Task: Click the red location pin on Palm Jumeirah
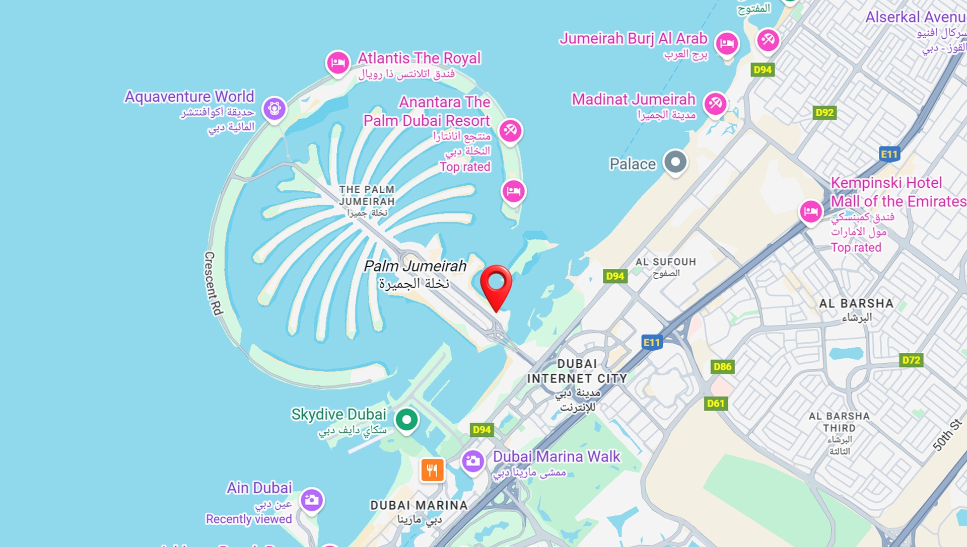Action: [496, 284]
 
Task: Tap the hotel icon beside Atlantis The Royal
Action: [338, 63]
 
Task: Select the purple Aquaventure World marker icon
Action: [274, 108]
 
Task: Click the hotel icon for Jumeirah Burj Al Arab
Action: [727, 43]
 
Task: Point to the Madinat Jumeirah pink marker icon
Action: [715, 104]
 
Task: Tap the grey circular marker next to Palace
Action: [675, 162]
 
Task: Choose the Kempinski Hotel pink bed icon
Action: [811, 211]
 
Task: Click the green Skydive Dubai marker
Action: [406, 419]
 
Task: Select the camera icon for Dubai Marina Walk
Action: [472, 460]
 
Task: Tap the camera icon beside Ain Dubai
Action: [312, 500]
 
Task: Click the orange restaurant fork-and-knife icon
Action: [432, 471]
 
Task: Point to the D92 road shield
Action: [824, 113]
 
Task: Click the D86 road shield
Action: [722, 367]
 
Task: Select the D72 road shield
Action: [911, 360]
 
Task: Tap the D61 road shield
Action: [715, 404]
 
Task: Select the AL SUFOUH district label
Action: [665, 262]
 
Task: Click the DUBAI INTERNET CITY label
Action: [577, 371]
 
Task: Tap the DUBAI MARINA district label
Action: [419, 505]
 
